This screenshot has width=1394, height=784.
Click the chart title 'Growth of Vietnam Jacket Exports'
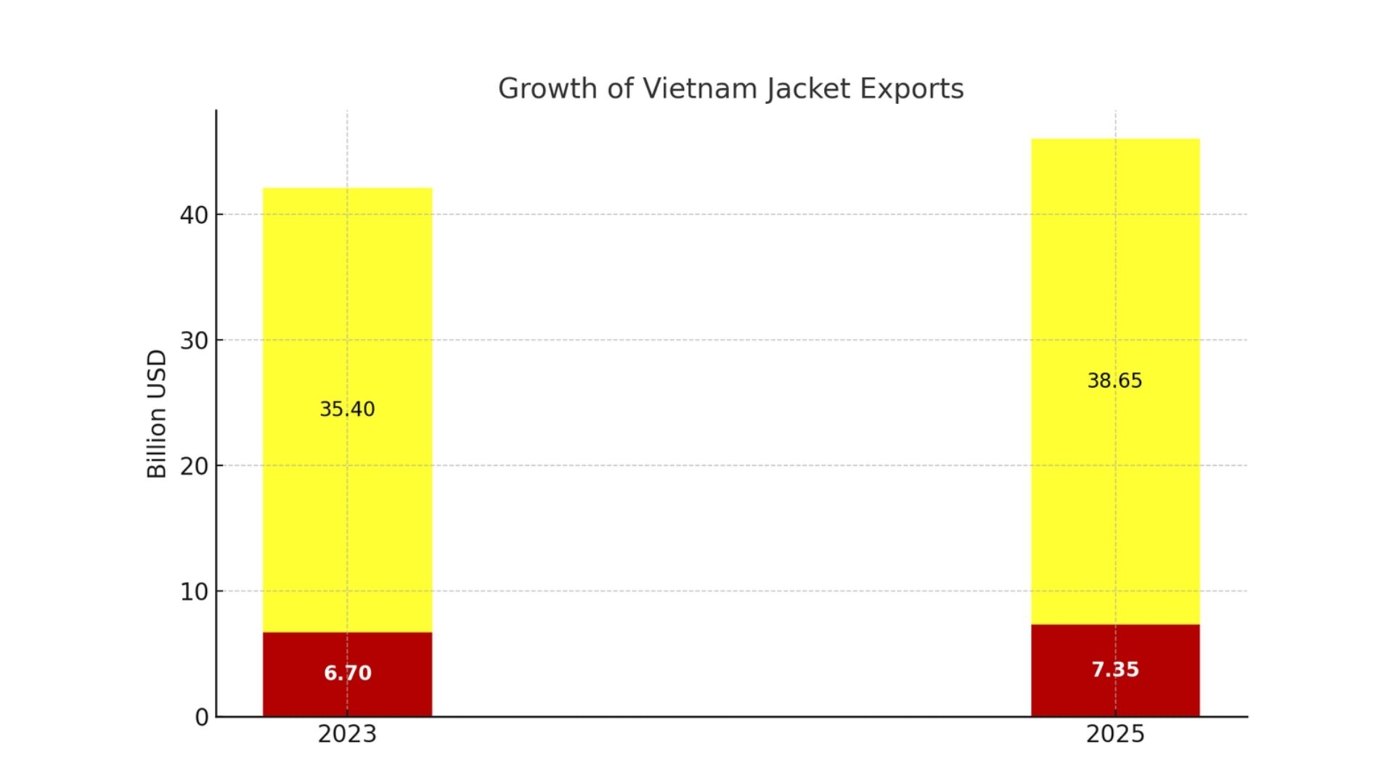(x=730, y=89)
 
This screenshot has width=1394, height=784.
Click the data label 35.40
(x=347, y=409)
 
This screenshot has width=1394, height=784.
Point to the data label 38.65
(x=1114, y=381)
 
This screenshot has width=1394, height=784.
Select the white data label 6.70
(x=347, y=674)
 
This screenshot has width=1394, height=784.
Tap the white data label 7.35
(x=1115, y=669)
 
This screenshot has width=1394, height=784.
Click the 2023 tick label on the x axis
(x=347, y=735)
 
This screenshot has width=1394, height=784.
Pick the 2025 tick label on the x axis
(x=1115, y=735)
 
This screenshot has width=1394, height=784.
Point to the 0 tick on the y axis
(x=202, y=717)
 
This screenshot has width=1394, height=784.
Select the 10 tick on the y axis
(x=194, y=592)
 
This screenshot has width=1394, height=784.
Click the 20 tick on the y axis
(x=194, y=466)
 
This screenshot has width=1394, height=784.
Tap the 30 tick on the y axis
(x=194, y=340)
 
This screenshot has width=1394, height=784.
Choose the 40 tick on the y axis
(x=194, y=215)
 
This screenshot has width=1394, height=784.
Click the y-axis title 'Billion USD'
(x=157, y=414)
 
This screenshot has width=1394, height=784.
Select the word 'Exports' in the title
(x=912, y=89)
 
